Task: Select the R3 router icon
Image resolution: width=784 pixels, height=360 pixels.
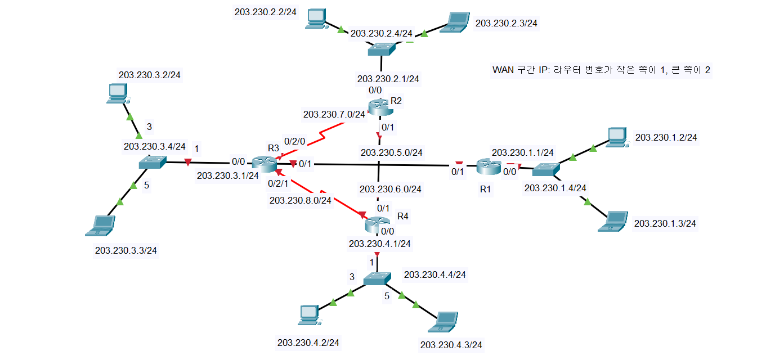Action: [263, 164]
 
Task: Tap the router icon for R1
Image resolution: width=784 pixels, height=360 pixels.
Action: [487, 166]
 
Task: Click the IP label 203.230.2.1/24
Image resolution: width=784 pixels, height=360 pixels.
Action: [388, 79]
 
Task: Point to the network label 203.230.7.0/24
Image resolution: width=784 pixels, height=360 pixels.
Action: [334, 114]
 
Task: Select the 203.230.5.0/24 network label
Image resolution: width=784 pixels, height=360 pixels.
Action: [391, 152]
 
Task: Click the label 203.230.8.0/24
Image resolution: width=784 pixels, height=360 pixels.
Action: [301, 200]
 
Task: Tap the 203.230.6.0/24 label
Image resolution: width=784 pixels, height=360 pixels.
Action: [391, 189]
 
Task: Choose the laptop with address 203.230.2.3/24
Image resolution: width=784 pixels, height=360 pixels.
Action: [456, 21]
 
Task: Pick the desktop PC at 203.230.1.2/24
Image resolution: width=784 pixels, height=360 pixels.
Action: [617, 137]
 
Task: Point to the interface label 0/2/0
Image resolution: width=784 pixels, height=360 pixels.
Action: [294, 141]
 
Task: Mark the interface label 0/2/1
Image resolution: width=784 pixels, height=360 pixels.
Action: [277, 183]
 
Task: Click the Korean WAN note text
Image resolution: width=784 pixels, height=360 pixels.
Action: [601, 70]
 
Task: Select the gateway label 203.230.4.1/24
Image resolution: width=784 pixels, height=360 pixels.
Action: [379, 244]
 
